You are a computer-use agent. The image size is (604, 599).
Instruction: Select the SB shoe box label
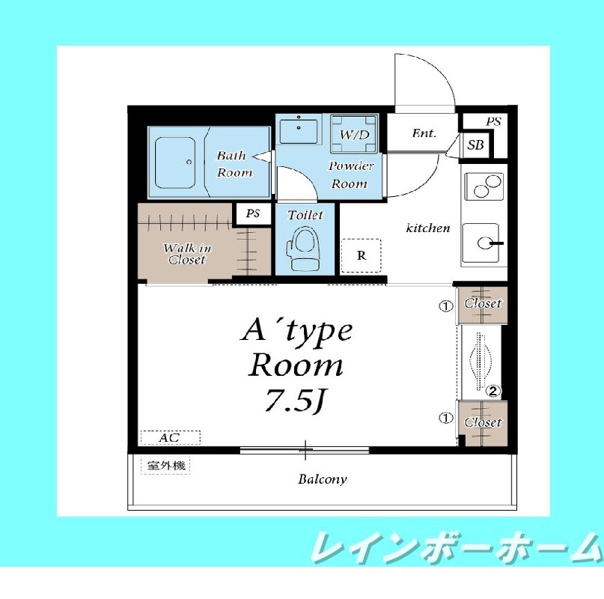click(x=475, y=145)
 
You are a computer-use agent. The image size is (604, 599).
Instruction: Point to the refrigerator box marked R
click(x=362, y=255)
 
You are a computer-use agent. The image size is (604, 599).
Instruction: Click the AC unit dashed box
click(x=170, y=437)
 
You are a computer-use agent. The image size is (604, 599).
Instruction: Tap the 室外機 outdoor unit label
click(x=165, y=466)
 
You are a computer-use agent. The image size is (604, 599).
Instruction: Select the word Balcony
click(x=323, y=479)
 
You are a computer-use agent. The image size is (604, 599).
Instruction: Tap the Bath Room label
click(x=233, y=164)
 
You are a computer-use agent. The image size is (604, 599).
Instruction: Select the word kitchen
click(x=428, y=228)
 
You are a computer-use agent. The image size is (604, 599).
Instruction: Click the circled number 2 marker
click(x=493, y=390)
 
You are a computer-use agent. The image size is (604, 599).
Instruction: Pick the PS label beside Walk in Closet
click(x=253, y=213)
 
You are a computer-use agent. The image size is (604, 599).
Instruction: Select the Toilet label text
click(x=305, y=216)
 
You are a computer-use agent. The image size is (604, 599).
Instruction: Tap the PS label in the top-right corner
click(x=492, y=121)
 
